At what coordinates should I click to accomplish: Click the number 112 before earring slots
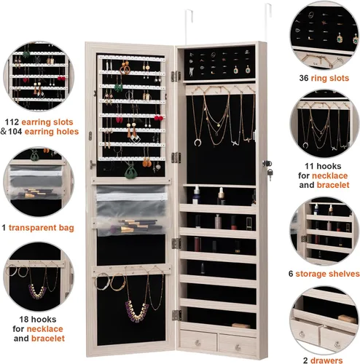[12, 122]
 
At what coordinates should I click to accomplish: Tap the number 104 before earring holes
[15, 132]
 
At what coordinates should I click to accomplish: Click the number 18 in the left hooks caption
[24, 320]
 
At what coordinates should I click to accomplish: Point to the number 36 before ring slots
[304, 78]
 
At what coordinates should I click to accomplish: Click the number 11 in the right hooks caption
[309, 166]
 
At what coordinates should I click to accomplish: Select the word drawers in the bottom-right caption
[326, 360]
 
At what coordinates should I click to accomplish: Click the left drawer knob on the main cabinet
[197, 343]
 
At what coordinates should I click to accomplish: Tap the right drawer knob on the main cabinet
[238, 347]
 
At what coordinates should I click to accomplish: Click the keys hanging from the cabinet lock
[270, 173]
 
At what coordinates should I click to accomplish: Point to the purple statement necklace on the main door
[136, 312]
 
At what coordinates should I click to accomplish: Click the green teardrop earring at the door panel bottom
[130, 171]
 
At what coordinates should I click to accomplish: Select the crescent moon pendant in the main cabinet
[197, 143]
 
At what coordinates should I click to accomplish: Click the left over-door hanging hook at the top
[189, 27]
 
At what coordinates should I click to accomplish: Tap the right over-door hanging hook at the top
[268, 23]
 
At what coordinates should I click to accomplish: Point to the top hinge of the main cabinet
[176, 76]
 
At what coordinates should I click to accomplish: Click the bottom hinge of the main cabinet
[177, 314]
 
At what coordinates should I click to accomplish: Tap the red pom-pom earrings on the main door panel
[158, 118]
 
